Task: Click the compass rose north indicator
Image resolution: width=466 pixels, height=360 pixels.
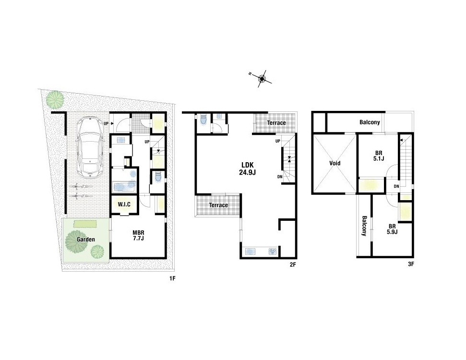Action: click(x=262, y=79)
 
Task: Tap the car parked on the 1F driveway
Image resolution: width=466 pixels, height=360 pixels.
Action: click(x=90, y=147)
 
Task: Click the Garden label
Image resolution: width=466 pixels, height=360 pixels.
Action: click(x=86, y=240)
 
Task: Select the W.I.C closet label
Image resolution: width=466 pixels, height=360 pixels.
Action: click(x=124, y=204)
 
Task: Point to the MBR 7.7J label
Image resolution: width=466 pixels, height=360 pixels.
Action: click(x=138, y=236)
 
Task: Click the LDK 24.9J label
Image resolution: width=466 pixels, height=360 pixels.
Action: click(x=247, y=169)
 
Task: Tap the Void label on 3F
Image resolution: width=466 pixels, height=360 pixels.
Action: click(x=335, y=163)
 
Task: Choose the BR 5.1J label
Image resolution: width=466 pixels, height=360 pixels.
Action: click(x=379, y=156)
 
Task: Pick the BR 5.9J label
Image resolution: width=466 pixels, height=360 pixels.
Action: click(x=392, y=229)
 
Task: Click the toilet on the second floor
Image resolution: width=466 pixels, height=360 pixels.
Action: click(x=203, y=120)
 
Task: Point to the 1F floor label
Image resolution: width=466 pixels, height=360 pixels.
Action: click(x=173, y=278)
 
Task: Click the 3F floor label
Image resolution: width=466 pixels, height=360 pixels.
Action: click(x=411, y=264)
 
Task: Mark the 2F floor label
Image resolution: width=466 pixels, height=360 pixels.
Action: click(x=293, y=264)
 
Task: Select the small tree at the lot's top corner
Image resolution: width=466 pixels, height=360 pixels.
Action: click(x=55, y=99)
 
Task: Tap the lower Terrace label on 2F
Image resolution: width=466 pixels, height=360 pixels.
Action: click(x=218, y=205)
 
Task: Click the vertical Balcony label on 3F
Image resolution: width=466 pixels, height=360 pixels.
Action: click(x=364, y=226)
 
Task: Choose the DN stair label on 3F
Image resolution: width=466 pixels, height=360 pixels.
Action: click(x=396, y=186)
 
